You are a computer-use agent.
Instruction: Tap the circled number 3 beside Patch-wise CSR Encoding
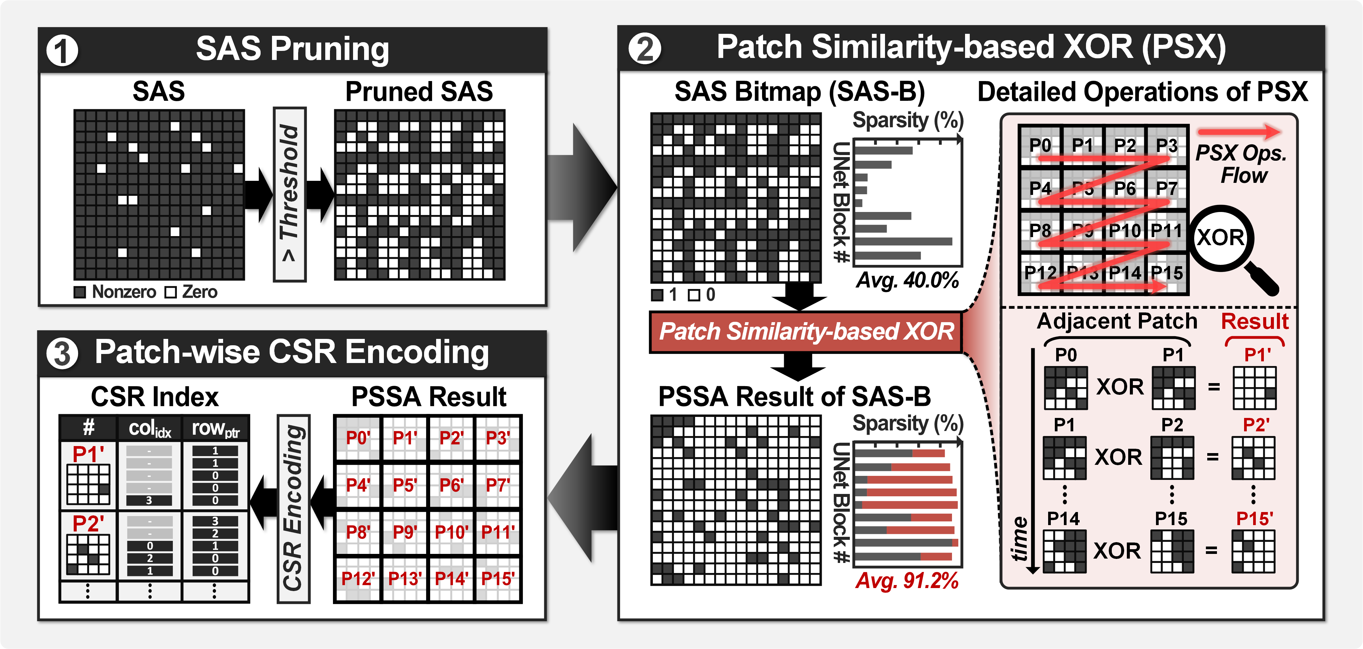click(x=62, y=353)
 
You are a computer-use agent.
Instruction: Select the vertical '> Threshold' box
click(x=289, y=194)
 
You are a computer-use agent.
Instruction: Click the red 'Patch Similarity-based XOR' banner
click(x=805, y=332)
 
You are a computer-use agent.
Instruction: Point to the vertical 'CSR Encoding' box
click(x=293, y=508)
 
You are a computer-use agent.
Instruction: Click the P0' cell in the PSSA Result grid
click(x=358, y=438)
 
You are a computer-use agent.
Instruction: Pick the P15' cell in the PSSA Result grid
click(x=498, y=579)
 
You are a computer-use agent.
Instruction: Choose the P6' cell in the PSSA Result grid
click(x=451, y=485)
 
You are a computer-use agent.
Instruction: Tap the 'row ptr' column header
click(x=215, y=428)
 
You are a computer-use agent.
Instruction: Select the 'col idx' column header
click(x=150, y=428)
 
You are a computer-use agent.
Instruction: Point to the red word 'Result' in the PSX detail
click(x=1254, y=321)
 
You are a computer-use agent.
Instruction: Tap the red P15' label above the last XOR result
click(x=1254, y=518)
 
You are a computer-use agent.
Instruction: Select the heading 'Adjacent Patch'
click(x=1116, y=321)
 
